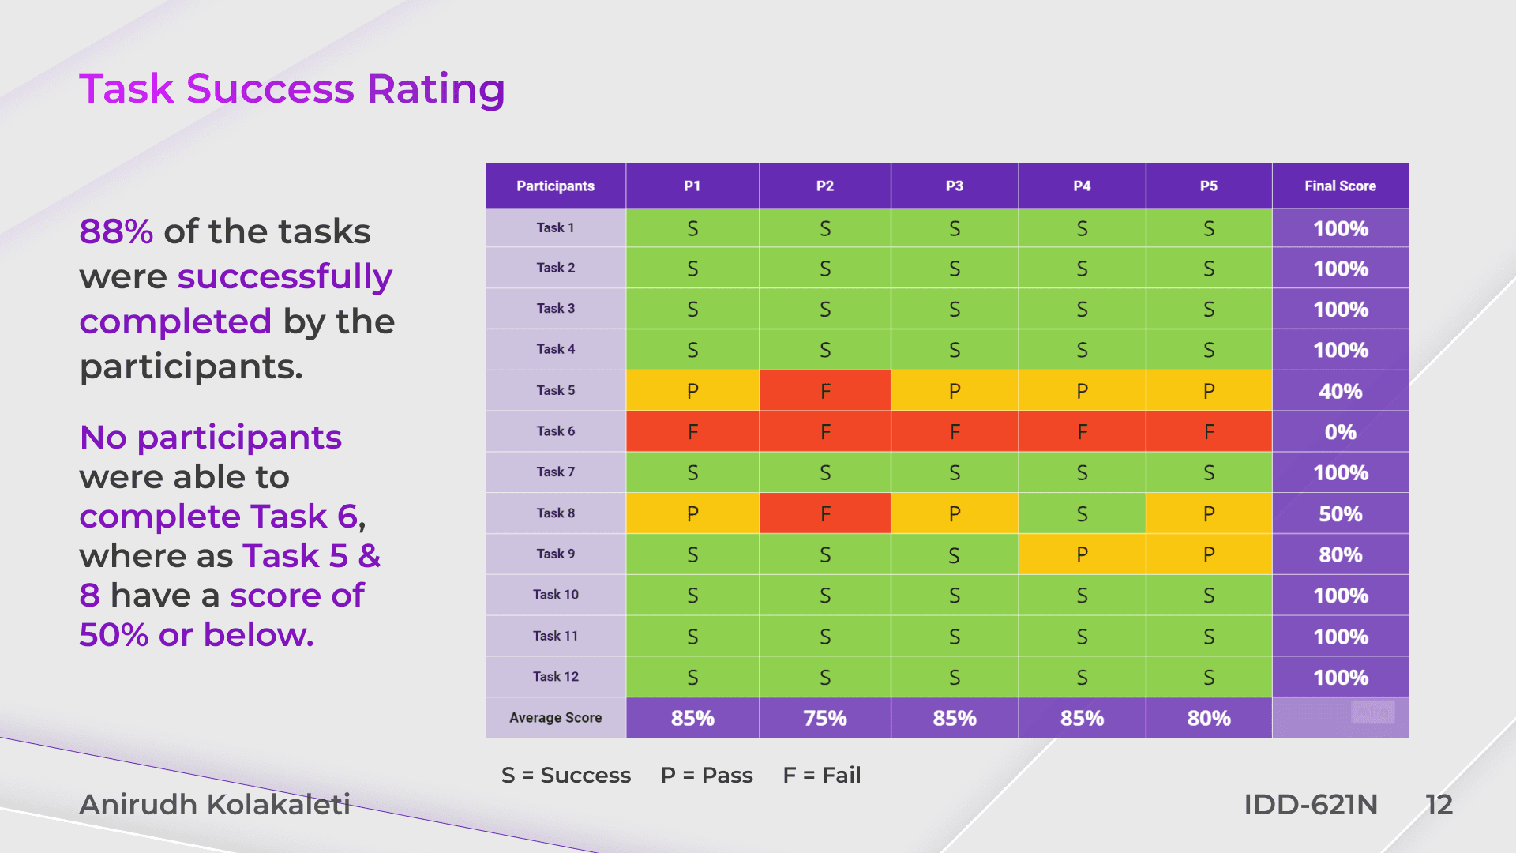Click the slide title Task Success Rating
(291, 88)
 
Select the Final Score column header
(1340, 186)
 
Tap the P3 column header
(954, 186)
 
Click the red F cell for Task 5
(825, 391)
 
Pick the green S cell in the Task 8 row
(1082, 514)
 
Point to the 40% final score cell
(1340, 391)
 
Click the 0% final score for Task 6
(1340, 432)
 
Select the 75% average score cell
(825, 718)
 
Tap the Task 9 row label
(555, 554)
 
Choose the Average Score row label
(555, 718)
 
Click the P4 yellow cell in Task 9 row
(1082, 554)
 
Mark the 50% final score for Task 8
(1340, 514)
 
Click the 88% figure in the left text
(116, 232)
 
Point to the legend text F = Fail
(821, 775)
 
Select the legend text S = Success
(566, 775)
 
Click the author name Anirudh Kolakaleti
(215, 804)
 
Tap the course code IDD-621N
(1310, 805)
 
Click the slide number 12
(1439, 805)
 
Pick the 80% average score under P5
(1209, 718)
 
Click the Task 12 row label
(555, 677)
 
